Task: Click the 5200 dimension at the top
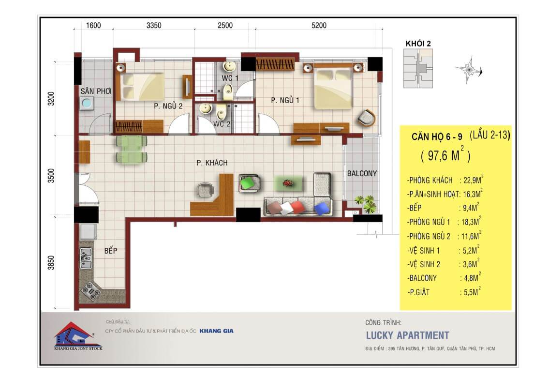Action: coord(319,25)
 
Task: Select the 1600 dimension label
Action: coord(93,25)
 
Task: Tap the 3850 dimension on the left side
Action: coord(51,263)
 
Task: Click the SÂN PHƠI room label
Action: coord(96,91)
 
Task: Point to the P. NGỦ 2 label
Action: coord(168,106)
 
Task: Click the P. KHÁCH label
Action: coord(212,163)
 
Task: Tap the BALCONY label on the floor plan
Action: coord(362,173)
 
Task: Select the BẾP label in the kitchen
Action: coord(111,251)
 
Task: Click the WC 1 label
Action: coord(230,78)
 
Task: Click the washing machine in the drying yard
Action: coord(87,103)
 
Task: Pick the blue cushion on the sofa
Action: coord(322,208)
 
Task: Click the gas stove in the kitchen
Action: coord(91,291)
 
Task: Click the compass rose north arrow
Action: coord(469,70)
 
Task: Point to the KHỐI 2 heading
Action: coord(418,44)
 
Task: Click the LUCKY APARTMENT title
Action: coord(407,335)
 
